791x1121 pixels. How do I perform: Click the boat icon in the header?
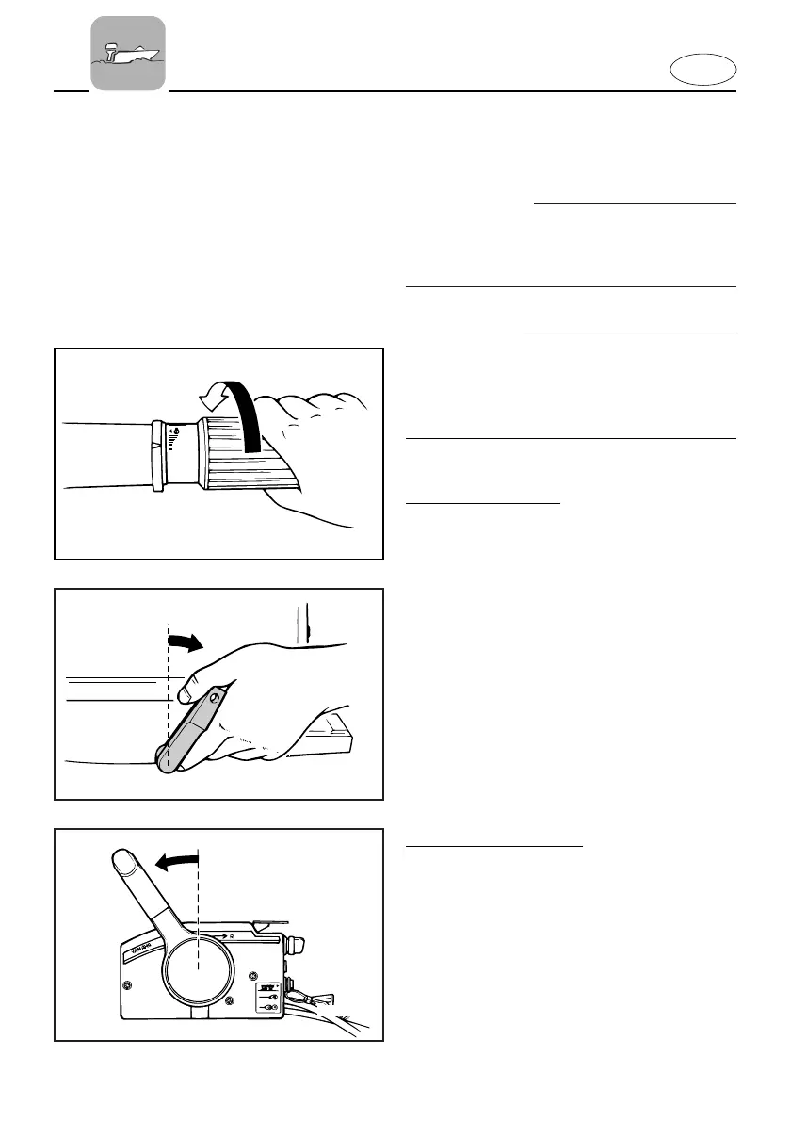point(128,53)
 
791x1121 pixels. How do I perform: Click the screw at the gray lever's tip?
point(216,699)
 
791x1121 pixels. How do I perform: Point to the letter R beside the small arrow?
point(244,936)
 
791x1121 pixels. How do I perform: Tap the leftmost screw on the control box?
point(127,986)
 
